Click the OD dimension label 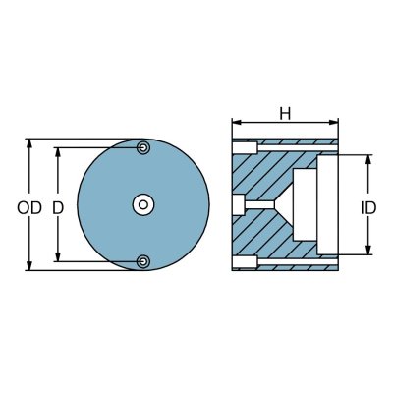pos(28,208)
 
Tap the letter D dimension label pos(58,208)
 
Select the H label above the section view pos(284,114)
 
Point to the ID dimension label pos(368,208)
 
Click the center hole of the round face pos(143,204)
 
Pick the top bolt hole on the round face pos(143,148)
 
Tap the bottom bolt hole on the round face pos(143,261)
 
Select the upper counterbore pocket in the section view pos(244,148)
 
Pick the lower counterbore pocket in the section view pos(244,261)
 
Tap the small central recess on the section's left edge pos(237,204)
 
